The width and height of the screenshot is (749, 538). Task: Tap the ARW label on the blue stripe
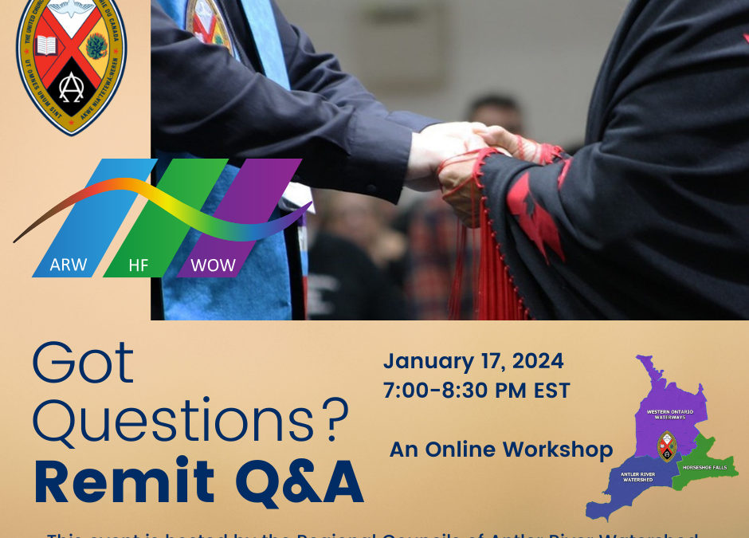(68, 265)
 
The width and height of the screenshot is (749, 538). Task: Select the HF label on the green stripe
(139, 265)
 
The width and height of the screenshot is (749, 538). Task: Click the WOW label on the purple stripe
(213, 265)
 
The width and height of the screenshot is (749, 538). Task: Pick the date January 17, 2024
(473, 361)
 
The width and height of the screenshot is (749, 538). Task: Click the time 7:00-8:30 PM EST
(476, 391)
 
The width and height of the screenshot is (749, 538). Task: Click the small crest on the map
(668, 446)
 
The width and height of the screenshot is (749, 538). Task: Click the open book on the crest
(45, 45)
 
